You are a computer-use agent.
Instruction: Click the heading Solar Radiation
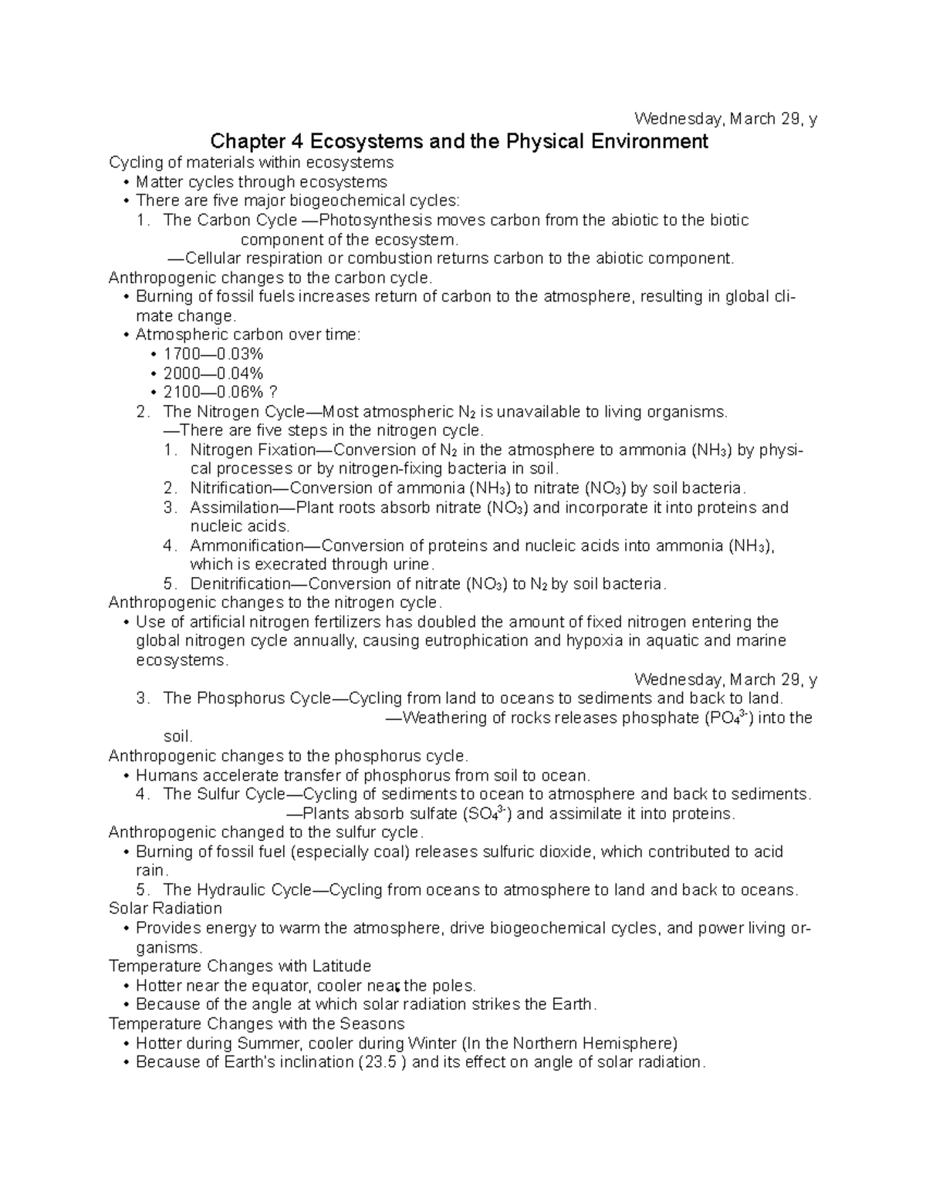point(165,909)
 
